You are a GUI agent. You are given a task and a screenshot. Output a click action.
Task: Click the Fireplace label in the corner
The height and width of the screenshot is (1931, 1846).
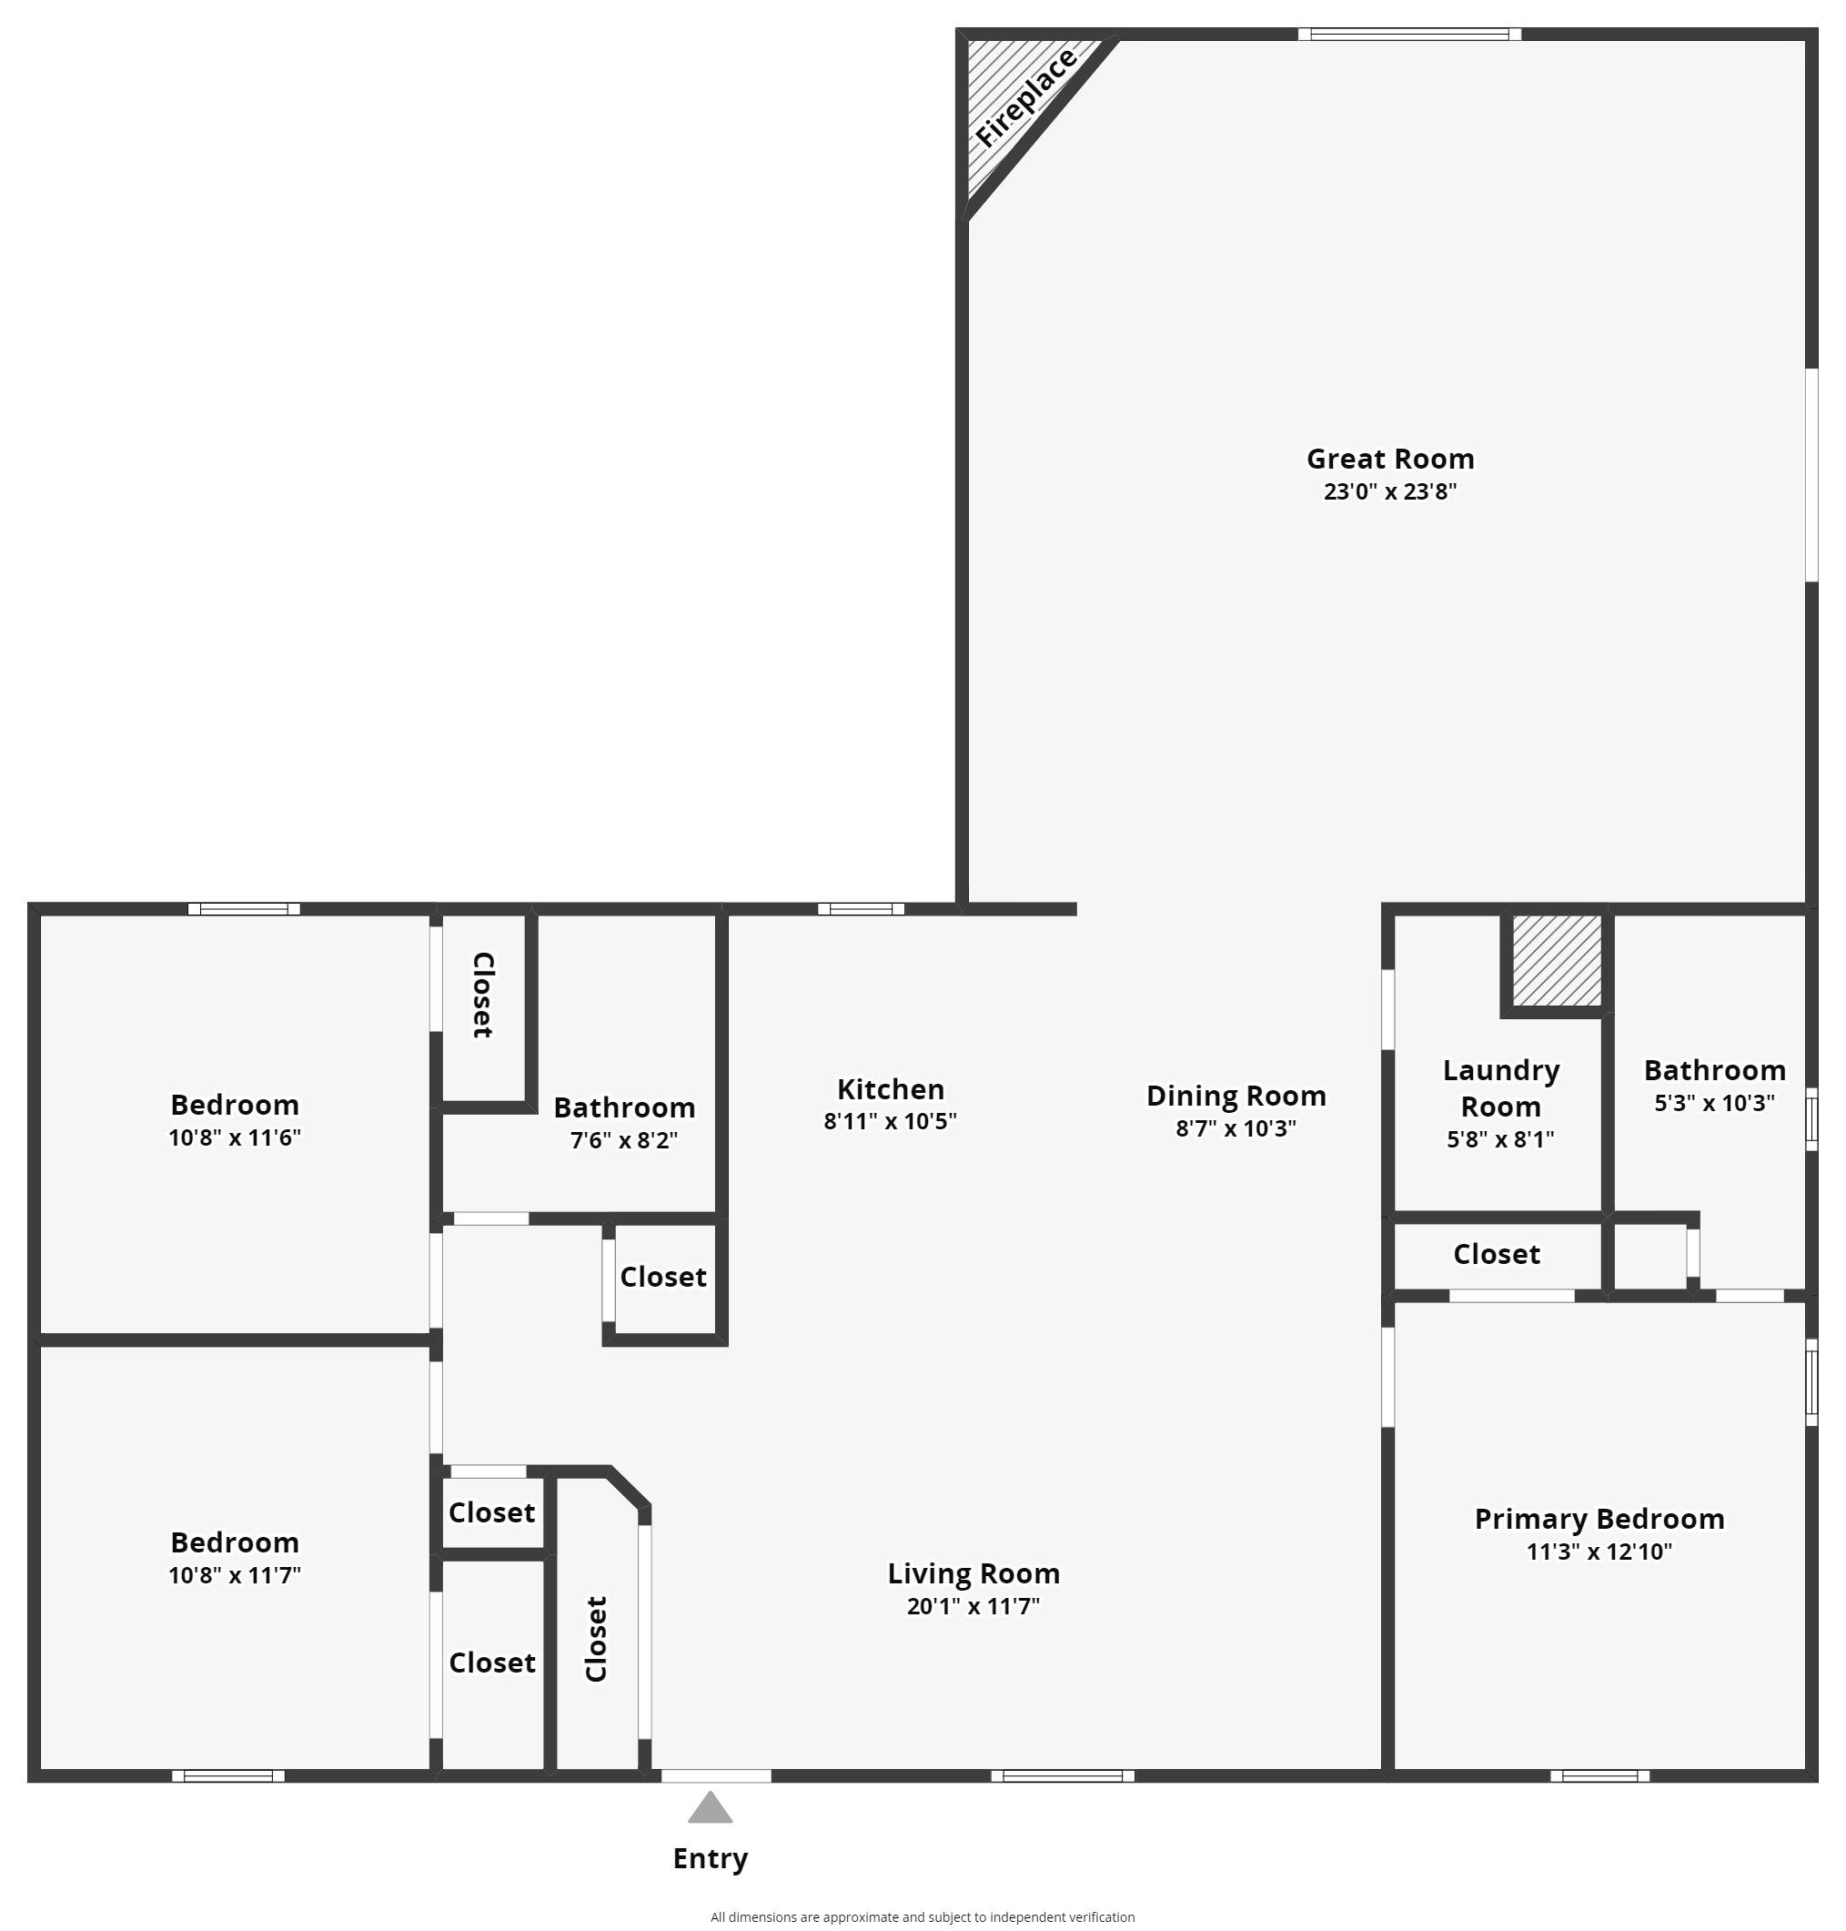coord(1026,98)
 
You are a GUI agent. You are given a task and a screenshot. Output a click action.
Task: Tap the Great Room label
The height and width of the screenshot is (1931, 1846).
coord(1389,459)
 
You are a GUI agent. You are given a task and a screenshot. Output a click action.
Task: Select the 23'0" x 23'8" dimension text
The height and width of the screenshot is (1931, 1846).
coord(1389,491)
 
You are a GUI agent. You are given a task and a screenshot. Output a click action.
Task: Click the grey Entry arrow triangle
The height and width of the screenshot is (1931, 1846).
coord(710,1808)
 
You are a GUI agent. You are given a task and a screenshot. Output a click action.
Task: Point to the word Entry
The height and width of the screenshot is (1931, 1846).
coord(710,1858)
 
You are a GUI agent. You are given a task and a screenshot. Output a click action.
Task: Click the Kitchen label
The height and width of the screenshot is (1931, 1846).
coord(890,1089)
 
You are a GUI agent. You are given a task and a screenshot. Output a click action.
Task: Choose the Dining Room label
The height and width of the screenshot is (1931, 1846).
coord(1236,1096)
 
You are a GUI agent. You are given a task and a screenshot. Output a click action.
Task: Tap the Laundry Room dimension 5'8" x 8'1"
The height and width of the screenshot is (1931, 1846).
coord(1499,1138)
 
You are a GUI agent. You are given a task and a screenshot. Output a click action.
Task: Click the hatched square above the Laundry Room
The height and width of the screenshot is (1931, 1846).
coord(1556,960)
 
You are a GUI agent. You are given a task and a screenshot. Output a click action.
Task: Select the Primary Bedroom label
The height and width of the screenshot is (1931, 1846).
coord(1599,1519)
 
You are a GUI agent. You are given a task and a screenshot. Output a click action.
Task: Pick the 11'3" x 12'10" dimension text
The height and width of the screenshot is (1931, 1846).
coord(1599,1552)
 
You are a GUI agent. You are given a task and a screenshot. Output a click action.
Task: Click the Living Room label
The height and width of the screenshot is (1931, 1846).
coord(973,1573)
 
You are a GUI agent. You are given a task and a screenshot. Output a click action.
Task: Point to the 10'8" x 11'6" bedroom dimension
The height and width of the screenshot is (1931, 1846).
coord(234,1137)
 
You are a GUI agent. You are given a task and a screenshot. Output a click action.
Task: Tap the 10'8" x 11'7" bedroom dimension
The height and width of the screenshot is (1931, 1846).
coord(234,1574)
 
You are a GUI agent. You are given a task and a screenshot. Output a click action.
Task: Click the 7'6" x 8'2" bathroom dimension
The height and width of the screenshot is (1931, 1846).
coord(624,1139)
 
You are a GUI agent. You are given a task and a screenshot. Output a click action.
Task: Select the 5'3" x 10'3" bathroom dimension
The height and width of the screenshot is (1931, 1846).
coord(1714,1102)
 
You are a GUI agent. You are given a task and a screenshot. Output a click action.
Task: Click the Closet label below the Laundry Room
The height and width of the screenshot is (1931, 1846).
coord(1497,1254)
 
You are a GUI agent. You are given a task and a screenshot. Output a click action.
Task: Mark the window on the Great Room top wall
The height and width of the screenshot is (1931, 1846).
coord(1409,35)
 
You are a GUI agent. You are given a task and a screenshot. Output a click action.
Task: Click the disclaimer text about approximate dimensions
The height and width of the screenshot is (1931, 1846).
coord(922,1917)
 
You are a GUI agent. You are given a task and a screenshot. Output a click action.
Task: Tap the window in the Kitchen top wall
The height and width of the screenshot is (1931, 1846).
coord(861,908)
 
